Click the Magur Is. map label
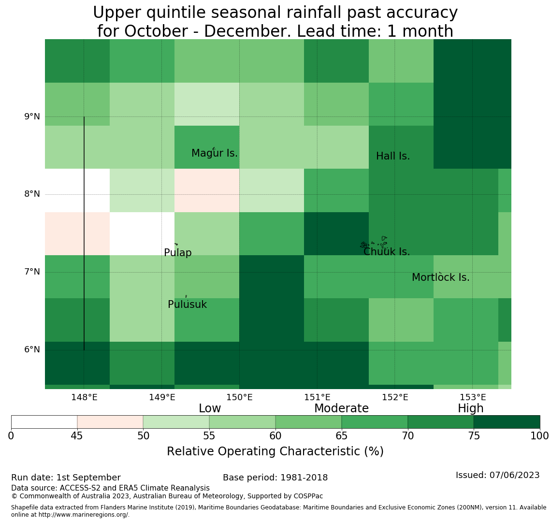point(215,153)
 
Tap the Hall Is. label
point(393,156)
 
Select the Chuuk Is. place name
point(387,252)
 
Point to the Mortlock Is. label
point(441,277)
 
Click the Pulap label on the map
point(178,253)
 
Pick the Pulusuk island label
point(188,304)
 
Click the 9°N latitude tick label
point(32,116)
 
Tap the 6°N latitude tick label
point(32,350)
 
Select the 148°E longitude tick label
point(84,397)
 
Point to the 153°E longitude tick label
point(473,397)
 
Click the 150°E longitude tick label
point(240,397)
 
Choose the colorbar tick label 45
point(77,436)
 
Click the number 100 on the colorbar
point(540,436)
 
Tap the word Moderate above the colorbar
point(342,408)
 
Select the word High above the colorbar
point(471,408)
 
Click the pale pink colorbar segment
point(110,422)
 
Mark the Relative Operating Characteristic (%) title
point(275,451)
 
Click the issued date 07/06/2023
point(514,475)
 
